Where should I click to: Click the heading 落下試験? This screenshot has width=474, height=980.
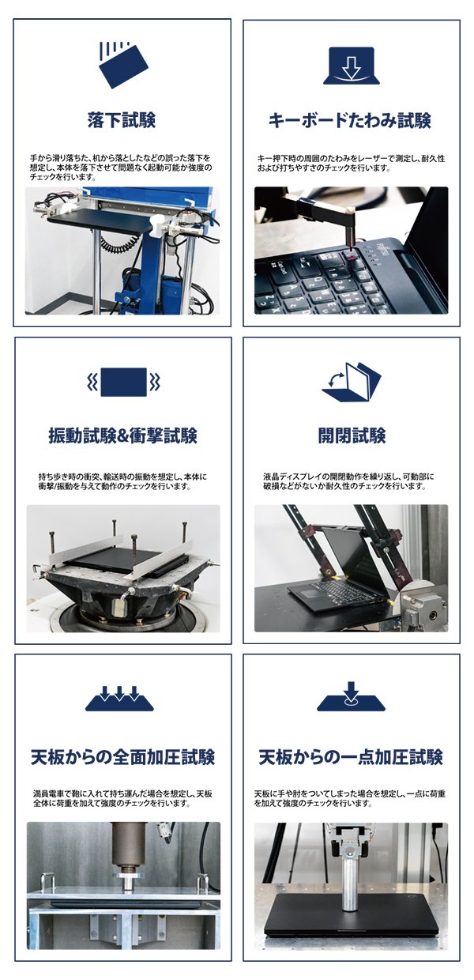tap(122, 120)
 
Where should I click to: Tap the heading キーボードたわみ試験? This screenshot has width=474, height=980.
tap(350, 120)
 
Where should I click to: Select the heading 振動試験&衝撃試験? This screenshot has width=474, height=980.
tap(123, 436)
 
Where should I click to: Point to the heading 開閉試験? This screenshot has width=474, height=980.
tap(352, 436)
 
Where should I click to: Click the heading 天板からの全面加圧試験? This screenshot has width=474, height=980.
tap(123, 757)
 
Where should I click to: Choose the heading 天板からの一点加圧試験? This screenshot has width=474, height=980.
tap(351, 757)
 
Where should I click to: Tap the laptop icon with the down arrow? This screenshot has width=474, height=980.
tap(352, 66)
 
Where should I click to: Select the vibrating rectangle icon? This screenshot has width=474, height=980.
tap(124, 382)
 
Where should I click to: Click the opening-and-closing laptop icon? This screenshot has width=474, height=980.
tap(352, 381)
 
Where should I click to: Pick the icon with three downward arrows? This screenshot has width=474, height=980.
tap(119, 699)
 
